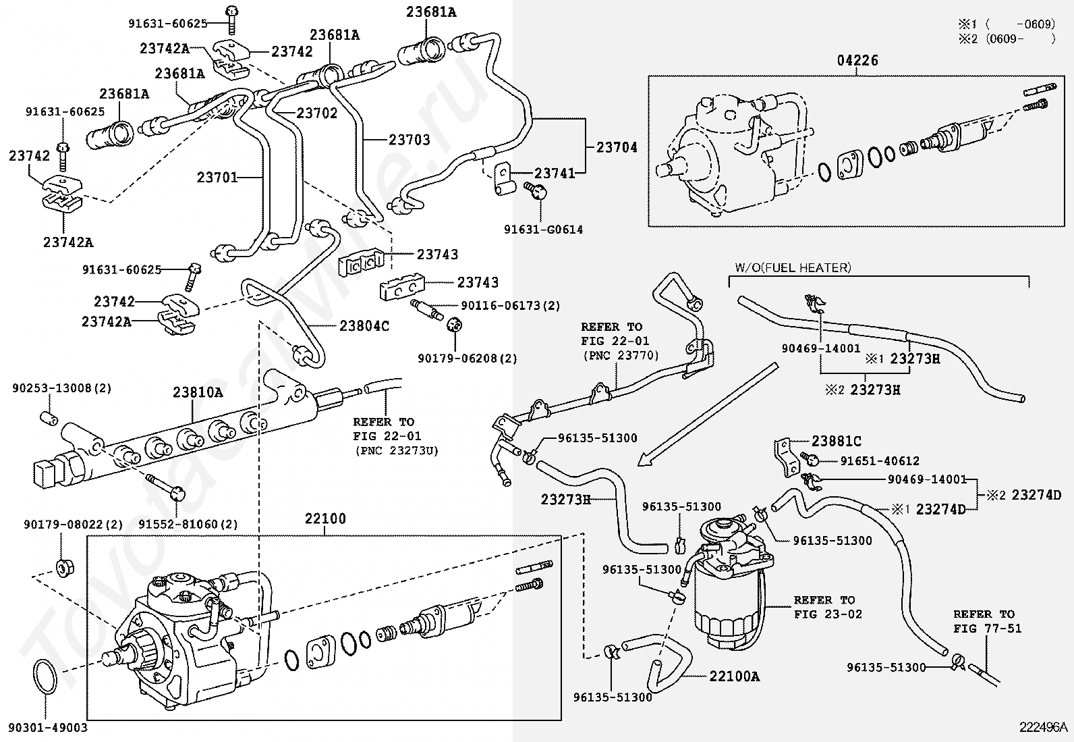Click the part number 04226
click(x=857, y=61)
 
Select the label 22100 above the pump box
click(x=324, y=519)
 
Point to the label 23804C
click(x=364, y=326)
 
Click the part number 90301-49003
click(x=48, y=728)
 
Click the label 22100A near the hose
click(x=734, y=676)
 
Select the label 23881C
click(x=836, y=442)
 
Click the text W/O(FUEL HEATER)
click(x=793, y=268)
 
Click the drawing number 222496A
click(x=1044, y=727)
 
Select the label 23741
click(x=555, y=174)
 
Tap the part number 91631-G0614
click(x=543, y=230)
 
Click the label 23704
click(x=617, y=147)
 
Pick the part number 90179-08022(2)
click(x=64, y=524)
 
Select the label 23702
click(x=316, y=113)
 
